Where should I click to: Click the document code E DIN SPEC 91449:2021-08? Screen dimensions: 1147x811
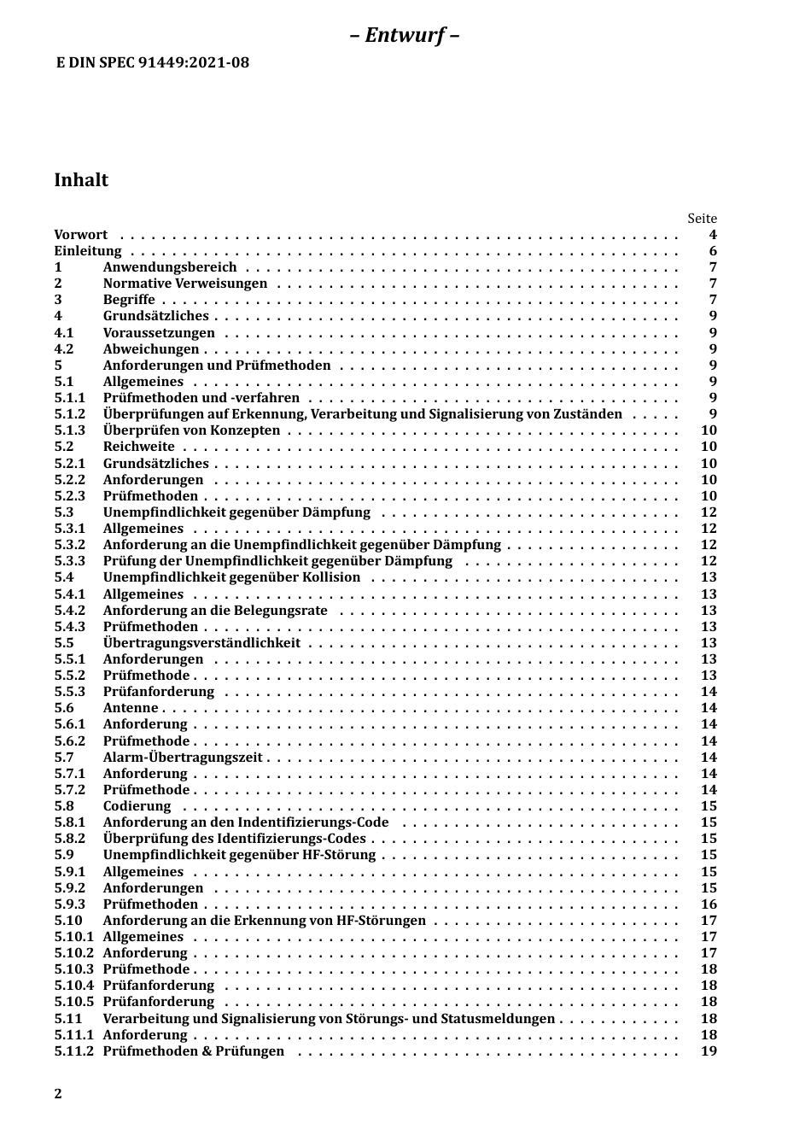click(152, 62)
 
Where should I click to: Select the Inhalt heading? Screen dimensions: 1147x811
click(81, 179)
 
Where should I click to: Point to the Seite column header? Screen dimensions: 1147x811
click(702, 219)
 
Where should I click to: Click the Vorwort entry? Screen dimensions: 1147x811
click(81, 235)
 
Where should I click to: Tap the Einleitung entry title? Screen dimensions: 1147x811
click(88, 251)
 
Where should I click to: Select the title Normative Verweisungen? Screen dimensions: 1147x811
click(185, 284)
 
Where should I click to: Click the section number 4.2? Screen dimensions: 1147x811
click(64, 348)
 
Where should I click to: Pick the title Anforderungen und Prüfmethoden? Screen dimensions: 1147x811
click(217, 366)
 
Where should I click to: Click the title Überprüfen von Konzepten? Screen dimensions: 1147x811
click(191, 430)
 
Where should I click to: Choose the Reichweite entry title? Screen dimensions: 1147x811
click(138, 447)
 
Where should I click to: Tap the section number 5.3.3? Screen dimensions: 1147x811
click(70, 561)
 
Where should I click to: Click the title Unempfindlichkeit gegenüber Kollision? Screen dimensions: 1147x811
click(231, 577)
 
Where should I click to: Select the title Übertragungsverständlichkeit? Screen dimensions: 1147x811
click(201, 643)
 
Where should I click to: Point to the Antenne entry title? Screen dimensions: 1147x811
click(131, 708)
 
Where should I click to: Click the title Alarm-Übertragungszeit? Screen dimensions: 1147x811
click(183, 758)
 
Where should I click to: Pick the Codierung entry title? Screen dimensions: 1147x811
click(137, 806)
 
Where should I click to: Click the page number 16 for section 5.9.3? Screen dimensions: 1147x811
click(709, 904)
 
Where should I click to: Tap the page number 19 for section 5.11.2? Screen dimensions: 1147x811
click(709, 1051)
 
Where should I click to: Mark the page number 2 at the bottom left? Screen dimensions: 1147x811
click(58, 1094)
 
